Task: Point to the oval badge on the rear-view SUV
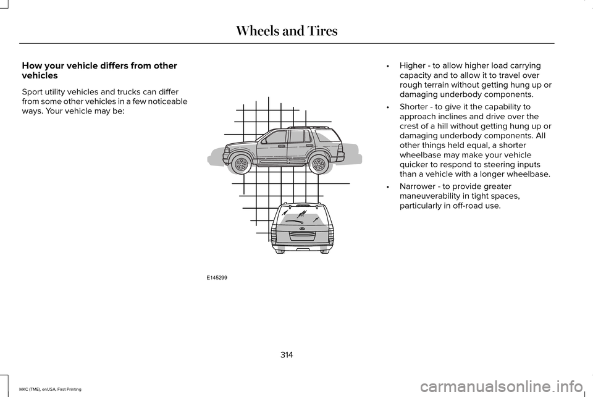pyautogui.click(x=303, y=228)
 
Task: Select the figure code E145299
pyautogui.click(x=217, y=278)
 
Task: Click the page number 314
pyautogui.click(x=287, y=354)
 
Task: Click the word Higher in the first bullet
pyautogui.click(x=413, y=65)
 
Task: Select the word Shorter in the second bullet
pyautogui.click(x=416, y=107)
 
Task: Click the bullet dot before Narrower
pyautogui.click(x=387, y=186)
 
